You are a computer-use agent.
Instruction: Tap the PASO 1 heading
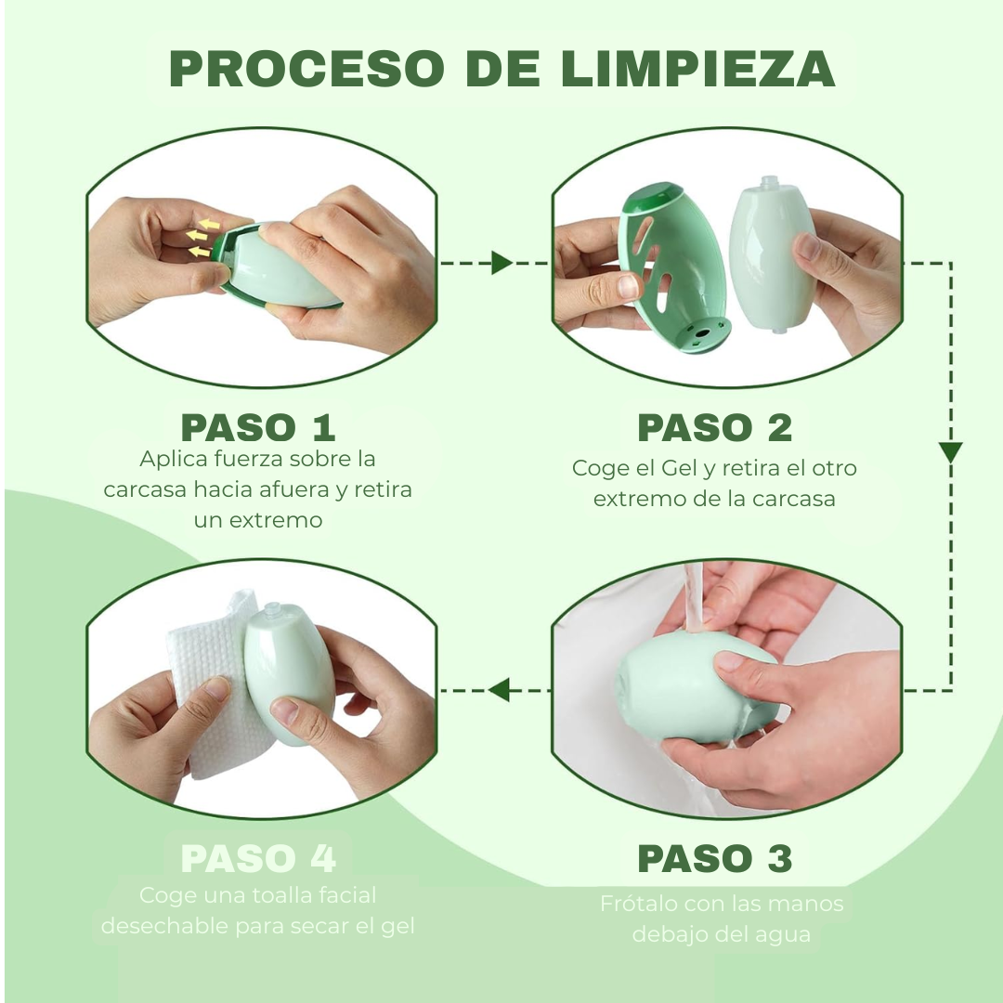click(257, 427)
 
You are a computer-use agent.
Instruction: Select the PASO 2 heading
click(714, 427)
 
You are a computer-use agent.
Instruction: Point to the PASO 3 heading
click(714, 859)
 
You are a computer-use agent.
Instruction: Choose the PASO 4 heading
click(257, 859)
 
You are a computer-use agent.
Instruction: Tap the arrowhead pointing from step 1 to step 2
click(501, 263)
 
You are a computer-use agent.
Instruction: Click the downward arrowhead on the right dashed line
click(950, 452)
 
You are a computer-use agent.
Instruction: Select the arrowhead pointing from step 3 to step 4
click(499, 690)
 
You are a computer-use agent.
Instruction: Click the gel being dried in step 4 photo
click(288, 673)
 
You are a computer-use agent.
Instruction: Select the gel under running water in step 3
click(687, 692)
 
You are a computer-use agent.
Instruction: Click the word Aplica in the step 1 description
click(173, 459)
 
